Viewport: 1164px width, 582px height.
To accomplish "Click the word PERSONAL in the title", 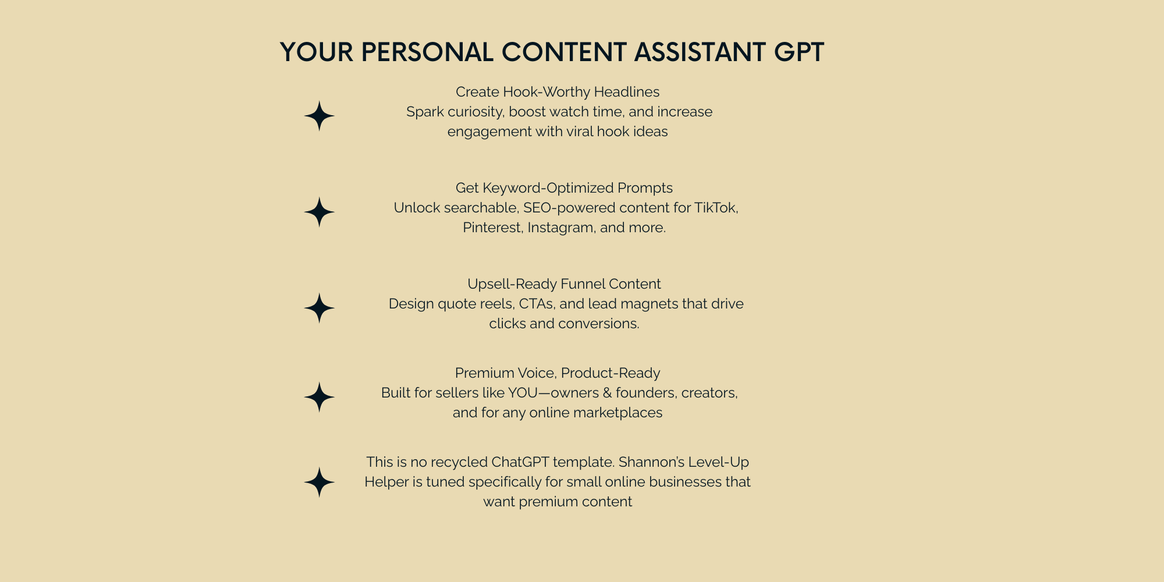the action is [x=427, y=52].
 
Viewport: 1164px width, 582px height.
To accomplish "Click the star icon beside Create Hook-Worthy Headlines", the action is [x=320, y=116].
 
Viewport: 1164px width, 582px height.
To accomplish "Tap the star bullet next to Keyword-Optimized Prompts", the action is [x=320, y=212].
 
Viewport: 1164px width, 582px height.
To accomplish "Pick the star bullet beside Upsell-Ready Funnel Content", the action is [x=320, y=308].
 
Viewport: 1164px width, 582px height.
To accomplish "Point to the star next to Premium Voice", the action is [x=320, y=397].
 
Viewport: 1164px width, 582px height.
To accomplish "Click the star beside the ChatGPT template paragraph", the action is [x=320, y=482].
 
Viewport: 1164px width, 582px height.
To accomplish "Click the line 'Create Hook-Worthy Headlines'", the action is [x=558, y=92].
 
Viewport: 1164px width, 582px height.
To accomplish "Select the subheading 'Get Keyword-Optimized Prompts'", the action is [x=564, y=188].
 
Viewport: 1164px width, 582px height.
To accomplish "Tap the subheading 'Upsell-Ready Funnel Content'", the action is [x=564, y=284].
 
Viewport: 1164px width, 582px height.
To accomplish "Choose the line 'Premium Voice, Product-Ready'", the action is [x=558, y=373].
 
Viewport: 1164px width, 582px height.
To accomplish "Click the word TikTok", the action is [x=716, y=208].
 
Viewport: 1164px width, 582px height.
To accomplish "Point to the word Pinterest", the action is [x=493, y=228].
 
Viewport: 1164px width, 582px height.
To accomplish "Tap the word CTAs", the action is [x=540, y=304].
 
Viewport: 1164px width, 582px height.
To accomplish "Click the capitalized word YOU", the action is [x=523, y=393].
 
